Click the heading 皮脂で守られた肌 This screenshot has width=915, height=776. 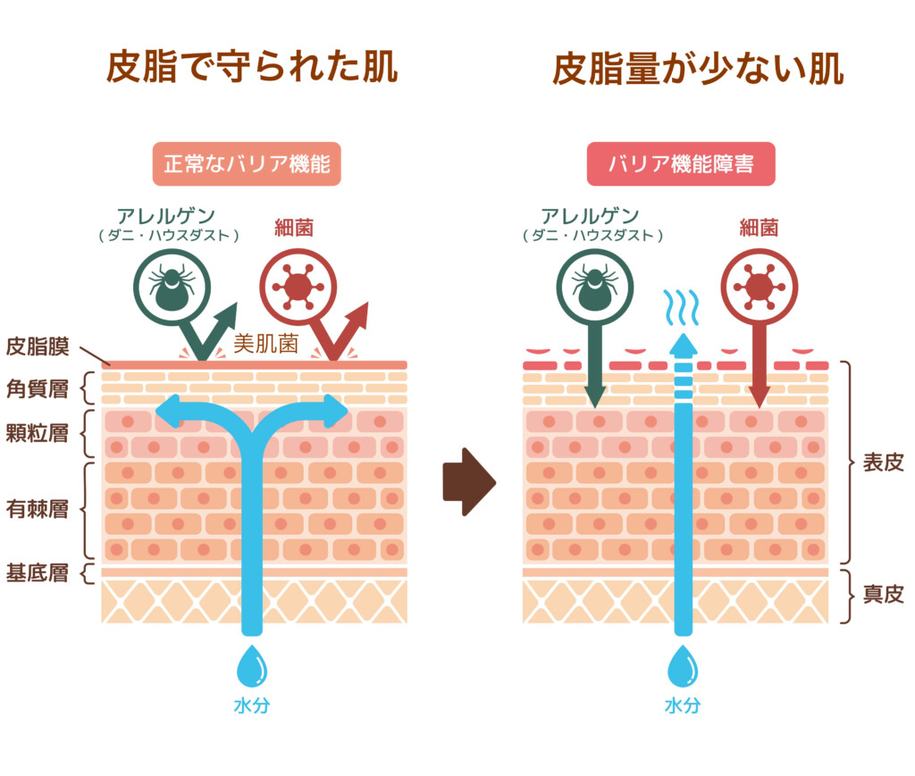pyautogui.click(x=251, y=68)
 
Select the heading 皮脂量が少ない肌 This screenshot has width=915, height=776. pyautogui.click(x=698, y=68)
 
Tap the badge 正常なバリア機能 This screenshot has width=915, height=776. pyautogui.click(x=247, y=164)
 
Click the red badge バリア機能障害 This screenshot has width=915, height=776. pyautogui.click(x=681, y=164)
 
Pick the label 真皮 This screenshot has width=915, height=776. pyautogui.click(x=883, y=594)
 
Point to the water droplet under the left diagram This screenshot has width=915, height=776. pyautogui.click(x=251, y=666)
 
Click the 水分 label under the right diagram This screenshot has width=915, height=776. pyautogui.click(x=682, y=705)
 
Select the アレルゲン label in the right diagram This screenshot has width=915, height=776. pyautogui.click(x=591, y=216)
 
